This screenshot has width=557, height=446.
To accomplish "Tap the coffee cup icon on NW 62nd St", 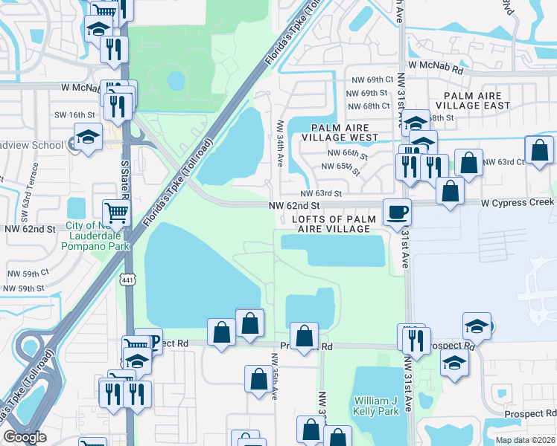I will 397,212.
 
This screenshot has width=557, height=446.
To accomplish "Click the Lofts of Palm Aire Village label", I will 331,224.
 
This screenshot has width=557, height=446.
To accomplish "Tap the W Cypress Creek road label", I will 518,202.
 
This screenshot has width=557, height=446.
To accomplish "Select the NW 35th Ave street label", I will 274,382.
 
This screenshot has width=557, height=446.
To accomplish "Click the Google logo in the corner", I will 24,437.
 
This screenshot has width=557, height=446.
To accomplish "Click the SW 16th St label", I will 75,114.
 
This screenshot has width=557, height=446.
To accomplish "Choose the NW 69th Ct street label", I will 370,80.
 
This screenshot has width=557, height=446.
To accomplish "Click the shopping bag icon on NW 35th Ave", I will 258,378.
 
